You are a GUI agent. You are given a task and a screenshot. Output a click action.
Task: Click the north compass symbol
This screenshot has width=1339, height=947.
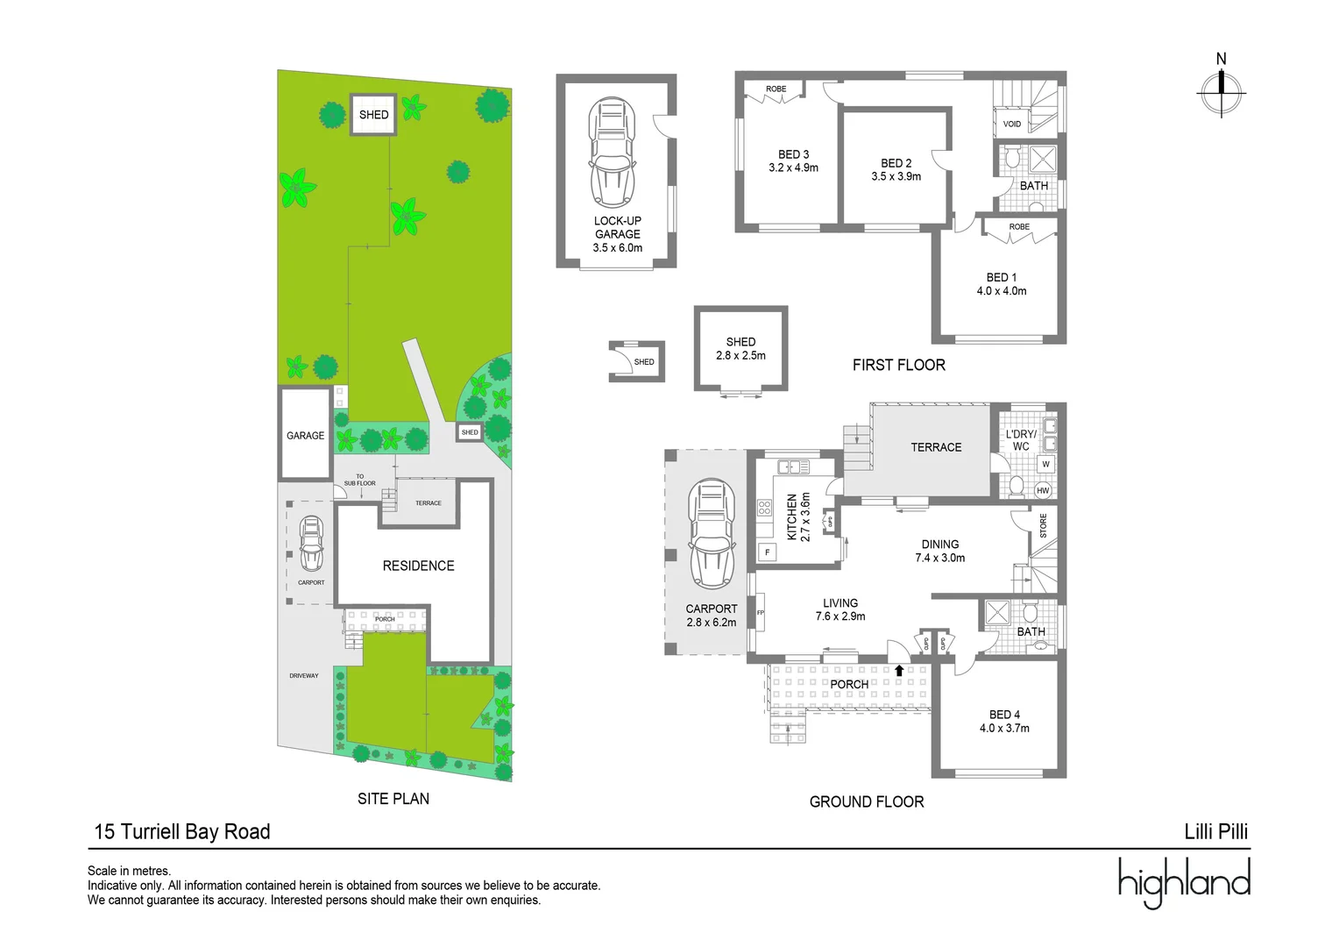point(1221,91)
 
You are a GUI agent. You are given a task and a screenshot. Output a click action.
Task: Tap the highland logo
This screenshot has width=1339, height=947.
point(1184,881)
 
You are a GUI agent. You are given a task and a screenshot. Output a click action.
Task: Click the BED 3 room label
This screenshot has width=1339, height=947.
point(793,154)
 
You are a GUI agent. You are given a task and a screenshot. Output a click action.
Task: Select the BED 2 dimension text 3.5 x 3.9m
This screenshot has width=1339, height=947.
point(896,176)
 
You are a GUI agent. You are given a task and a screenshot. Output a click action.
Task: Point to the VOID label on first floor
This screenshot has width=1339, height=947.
point(1011,124)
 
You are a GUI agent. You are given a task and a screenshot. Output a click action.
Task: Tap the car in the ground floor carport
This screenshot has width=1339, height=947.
point(711,534)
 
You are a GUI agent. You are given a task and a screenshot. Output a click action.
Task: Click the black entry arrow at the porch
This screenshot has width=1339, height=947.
point(899,671)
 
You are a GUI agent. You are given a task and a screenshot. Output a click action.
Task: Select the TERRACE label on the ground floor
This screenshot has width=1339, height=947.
point(936,447)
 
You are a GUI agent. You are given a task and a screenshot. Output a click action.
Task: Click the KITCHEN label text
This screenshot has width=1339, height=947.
point(792,516)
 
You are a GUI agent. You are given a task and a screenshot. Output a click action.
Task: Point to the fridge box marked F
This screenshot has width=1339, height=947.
point(768,552)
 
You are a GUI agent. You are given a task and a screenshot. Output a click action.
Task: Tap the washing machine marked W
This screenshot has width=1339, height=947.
point(1045,464)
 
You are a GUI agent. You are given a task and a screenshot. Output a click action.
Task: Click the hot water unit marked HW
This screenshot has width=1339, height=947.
point(1043,490)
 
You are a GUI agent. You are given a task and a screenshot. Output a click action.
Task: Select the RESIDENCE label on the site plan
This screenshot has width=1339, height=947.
point(418,566)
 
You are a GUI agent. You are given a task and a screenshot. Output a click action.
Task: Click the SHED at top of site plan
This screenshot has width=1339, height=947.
point(373,115)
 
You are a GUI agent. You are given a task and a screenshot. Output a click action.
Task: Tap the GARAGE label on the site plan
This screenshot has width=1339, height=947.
point(305,436)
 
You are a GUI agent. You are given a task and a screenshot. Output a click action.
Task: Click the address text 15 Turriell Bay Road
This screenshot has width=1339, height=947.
point(182,831)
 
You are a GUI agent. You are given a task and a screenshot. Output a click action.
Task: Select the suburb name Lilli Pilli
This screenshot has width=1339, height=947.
point(1215,831)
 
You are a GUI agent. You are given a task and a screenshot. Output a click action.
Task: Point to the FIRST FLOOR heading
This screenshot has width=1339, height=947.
point(898,365)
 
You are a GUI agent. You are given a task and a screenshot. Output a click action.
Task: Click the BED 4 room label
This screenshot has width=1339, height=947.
point(1004,715)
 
